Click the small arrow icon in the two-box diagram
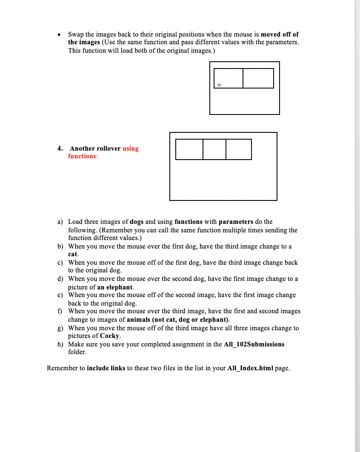point(219,85)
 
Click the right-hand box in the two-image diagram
point(258,78)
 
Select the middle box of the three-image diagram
point(214,149)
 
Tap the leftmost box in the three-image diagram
point(189,149)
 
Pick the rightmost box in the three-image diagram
point(239,149)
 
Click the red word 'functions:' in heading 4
point(83,156)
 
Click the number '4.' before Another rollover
point(60,149)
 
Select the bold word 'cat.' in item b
point(73,255)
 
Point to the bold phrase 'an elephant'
point(115,287)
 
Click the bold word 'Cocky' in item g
point(110,336)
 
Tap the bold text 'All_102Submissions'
point(254,344)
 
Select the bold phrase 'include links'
point(106,368)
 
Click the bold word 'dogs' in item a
point(137,222)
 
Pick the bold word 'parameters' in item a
point(236,222)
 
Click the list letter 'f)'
point(60,311)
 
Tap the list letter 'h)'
point(60,344)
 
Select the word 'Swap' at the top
point(75,34)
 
